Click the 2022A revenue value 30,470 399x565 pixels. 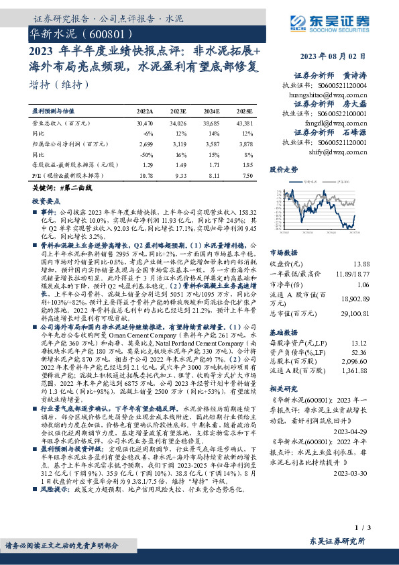(145, 123)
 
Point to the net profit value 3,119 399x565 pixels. (178, 143)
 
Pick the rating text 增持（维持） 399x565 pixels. (60, 85)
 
